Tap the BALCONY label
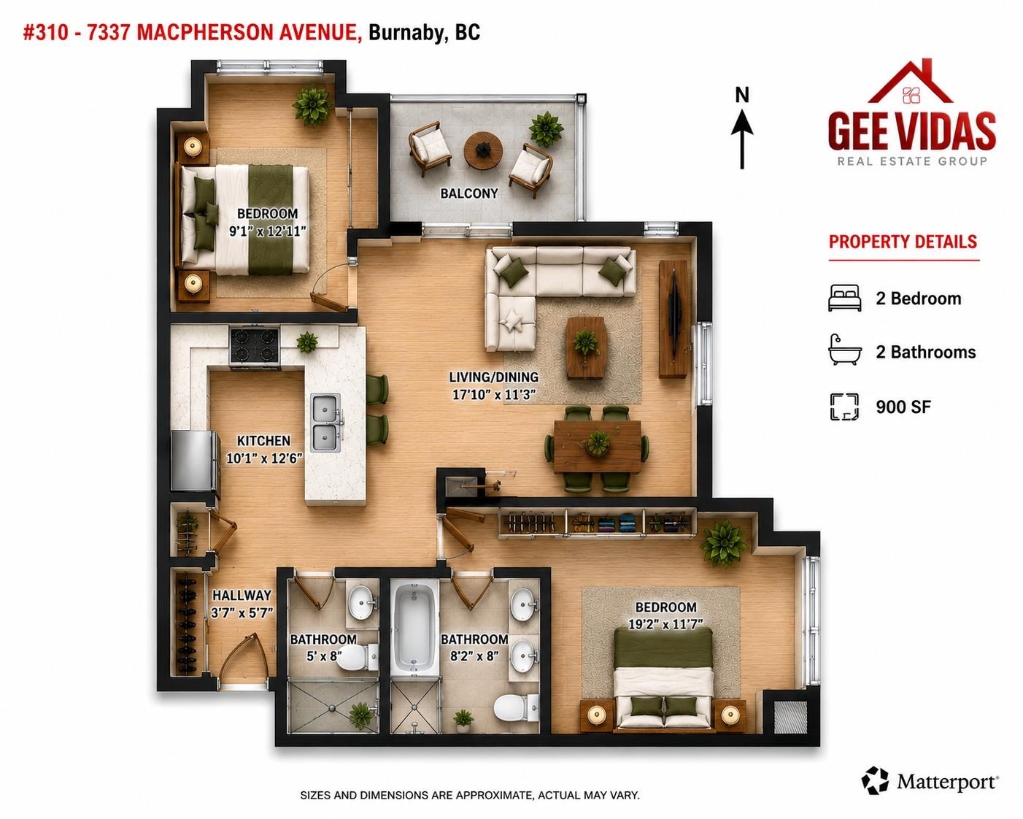click(x=468, y=193)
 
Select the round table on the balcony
click(x=483, y=150)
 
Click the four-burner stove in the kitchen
click(x=255, y=346)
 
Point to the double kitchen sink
click(x=325, y=423)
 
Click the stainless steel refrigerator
click(x=195, y=461)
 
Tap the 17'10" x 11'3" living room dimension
click(x=494, y=394)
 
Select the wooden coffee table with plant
click(x=585, y=347)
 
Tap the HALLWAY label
click(x=242, y=595)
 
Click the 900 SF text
click(x=903, y=407)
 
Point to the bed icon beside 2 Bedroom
click(x=845, y=298)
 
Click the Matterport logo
click(x=930, y=781)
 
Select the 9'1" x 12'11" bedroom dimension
click(x=267, y=231)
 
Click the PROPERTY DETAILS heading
click(x=903, y=242)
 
